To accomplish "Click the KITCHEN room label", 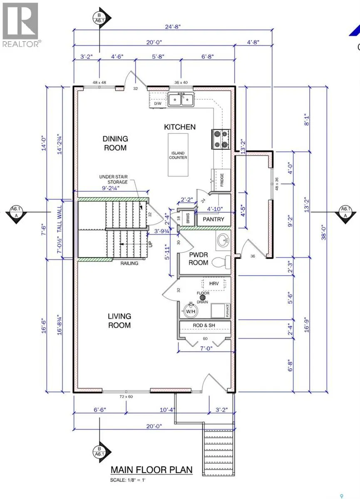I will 179,127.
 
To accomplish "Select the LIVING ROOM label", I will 119,321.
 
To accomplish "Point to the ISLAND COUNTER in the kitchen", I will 178,155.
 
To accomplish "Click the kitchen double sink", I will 181,100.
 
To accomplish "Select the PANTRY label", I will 213,219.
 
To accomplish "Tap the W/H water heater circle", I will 191,310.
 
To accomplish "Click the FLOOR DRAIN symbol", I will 203,297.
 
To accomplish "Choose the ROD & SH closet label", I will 204,325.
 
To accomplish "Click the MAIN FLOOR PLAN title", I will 151,470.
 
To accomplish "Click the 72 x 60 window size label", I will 126,396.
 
